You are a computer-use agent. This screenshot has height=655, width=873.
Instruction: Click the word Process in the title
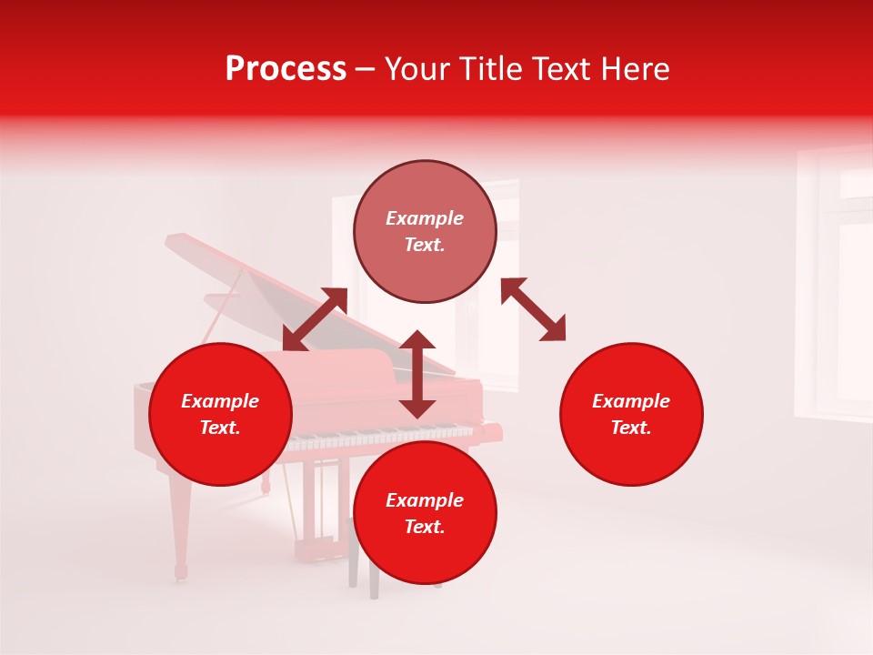pyautogui.click(x=286, y=69)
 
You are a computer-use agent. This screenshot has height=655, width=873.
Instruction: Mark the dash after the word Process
pyautogui.click(x=365, y=70)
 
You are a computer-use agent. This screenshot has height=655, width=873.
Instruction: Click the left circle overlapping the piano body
pyautogui.click(x=220, y=414)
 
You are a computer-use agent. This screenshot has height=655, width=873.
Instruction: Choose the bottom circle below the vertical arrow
pyautogui.click(x=425, y=512)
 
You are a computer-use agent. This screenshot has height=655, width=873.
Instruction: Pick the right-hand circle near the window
pyautogui.click(x=631, y=414)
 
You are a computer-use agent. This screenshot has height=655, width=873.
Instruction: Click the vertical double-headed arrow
pyautogui.click(x=417, y=374)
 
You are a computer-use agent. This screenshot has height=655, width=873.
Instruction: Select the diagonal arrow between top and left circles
pyautogui.click(x=315, y=318)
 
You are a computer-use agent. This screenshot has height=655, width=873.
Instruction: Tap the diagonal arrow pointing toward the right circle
pyautogui.click(x=533, y=309)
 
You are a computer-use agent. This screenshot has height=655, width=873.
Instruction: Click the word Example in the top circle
pyautogui.click(x=425, y=218)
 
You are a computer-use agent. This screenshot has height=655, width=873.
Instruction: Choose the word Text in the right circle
pyautogui.click(x=630, y=428)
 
